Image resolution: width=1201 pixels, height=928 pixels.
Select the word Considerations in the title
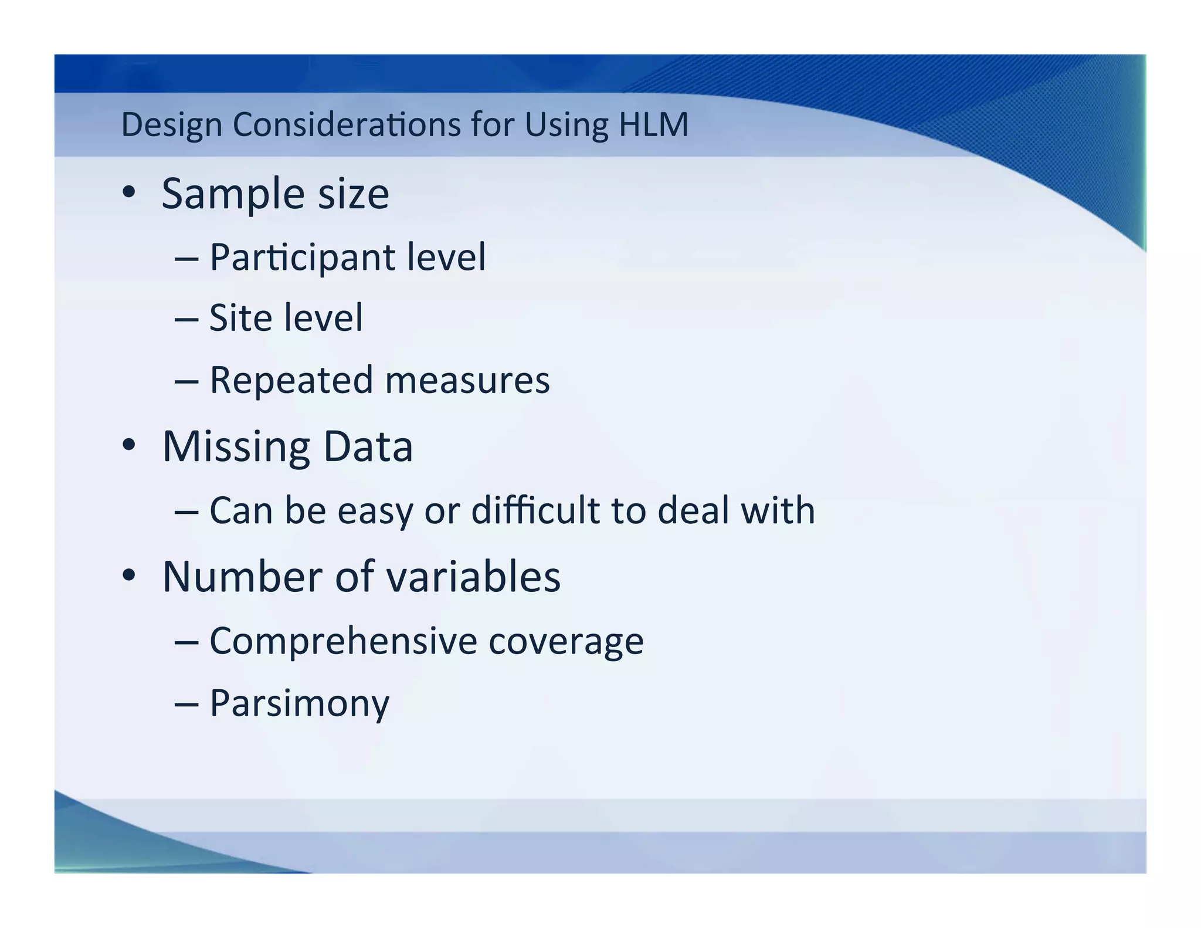click(x=347, y=124)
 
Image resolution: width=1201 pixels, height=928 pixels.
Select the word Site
click(x=240, y=318)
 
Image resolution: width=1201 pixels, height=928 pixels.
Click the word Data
click(x=368, y=447)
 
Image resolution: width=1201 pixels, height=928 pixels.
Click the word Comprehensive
click(x=344, y=641)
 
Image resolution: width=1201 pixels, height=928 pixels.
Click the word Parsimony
click(x=299, y=703)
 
